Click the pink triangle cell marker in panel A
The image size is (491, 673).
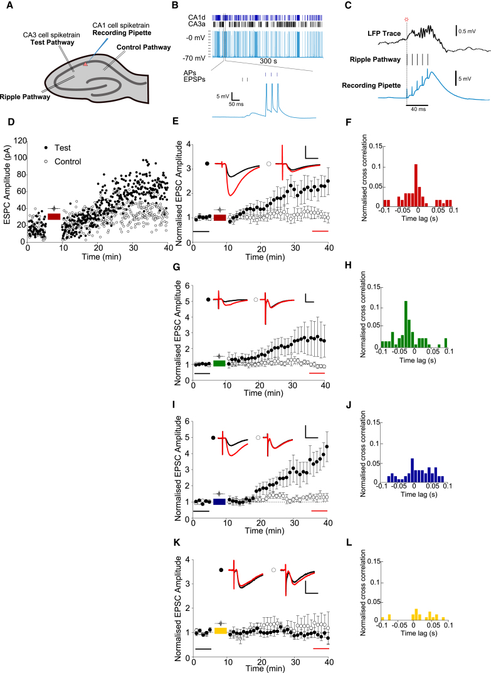tap(86, 64)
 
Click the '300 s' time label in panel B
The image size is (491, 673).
tap(268, 63)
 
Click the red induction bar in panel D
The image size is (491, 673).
tap(54, 216)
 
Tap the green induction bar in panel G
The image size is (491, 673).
tap(219, 363)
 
